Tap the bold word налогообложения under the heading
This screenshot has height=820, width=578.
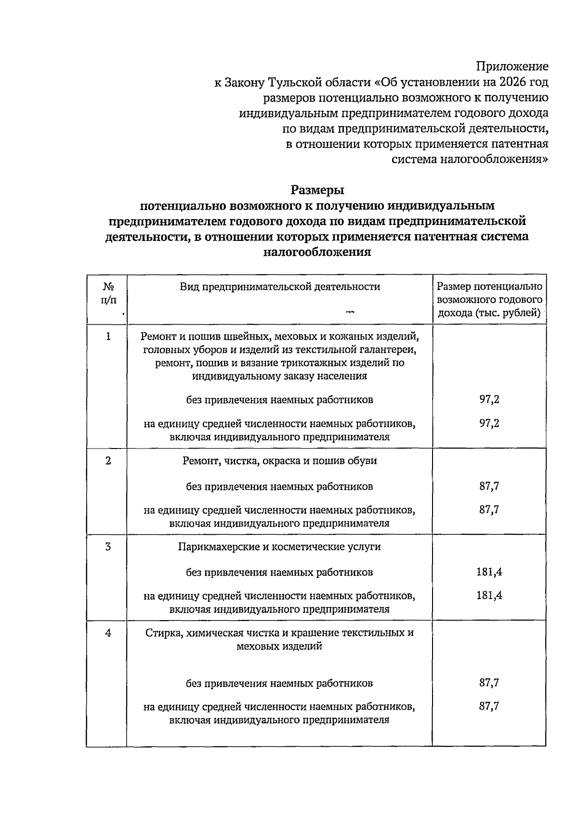click(317, 252)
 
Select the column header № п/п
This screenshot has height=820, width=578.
click(108, 293)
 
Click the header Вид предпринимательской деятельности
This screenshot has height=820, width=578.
click(280, 287)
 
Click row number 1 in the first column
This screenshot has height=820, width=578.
click(108, 336)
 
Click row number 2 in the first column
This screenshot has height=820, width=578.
click(108, 461)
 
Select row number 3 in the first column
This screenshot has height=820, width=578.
click(108, 546)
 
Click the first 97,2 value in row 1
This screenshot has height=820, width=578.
click(489, 399)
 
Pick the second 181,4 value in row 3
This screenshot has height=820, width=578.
click(489, 595)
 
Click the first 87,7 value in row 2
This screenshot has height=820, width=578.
click(489, 486)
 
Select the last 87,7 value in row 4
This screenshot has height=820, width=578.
click(489, 706)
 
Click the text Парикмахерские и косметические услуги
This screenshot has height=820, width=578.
click(279, 547)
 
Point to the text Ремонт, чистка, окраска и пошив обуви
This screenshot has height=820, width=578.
click(279, 461)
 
